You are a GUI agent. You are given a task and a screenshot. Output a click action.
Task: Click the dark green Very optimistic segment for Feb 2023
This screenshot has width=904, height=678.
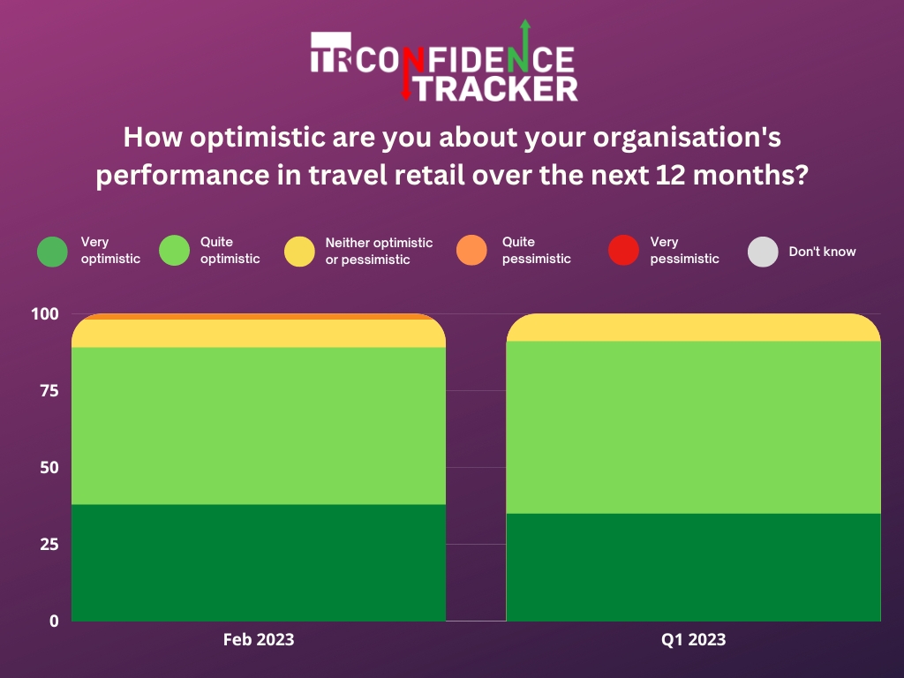pos(258,562)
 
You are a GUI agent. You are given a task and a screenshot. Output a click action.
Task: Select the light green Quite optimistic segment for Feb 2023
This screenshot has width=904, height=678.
pos(258,426)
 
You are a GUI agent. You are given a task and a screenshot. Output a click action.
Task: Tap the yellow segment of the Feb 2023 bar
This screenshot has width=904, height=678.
pos(258,333)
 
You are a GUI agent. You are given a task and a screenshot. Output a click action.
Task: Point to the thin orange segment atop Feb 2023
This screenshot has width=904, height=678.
pos(258,316)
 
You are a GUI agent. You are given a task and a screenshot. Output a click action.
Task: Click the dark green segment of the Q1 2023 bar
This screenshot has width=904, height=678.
pos(693,567)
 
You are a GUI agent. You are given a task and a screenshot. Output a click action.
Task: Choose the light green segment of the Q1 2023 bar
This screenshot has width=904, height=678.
pos(693,426)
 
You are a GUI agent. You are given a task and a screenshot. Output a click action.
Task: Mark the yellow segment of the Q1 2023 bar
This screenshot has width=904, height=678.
pos(693,328)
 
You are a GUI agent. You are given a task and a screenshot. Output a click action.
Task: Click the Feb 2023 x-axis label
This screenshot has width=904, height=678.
pos(258,639)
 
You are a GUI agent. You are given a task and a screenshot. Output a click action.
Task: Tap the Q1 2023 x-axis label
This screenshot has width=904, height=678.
pos(693,639)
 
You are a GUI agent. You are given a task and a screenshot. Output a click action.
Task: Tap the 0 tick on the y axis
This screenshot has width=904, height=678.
pos(53,621)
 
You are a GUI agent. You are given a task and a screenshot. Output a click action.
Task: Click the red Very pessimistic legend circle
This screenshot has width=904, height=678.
pos(623,251)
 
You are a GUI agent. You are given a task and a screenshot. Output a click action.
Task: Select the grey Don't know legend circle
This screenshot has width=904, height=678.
pos(763,251)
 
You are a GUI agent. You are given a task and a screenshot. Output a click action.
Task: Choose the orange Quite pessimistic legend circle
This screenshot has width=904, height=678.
pos(472,251)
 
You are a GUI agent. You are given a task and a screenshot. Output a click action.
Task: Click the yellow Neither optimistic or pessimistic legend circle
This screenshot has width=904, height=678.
pos(299,251)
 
